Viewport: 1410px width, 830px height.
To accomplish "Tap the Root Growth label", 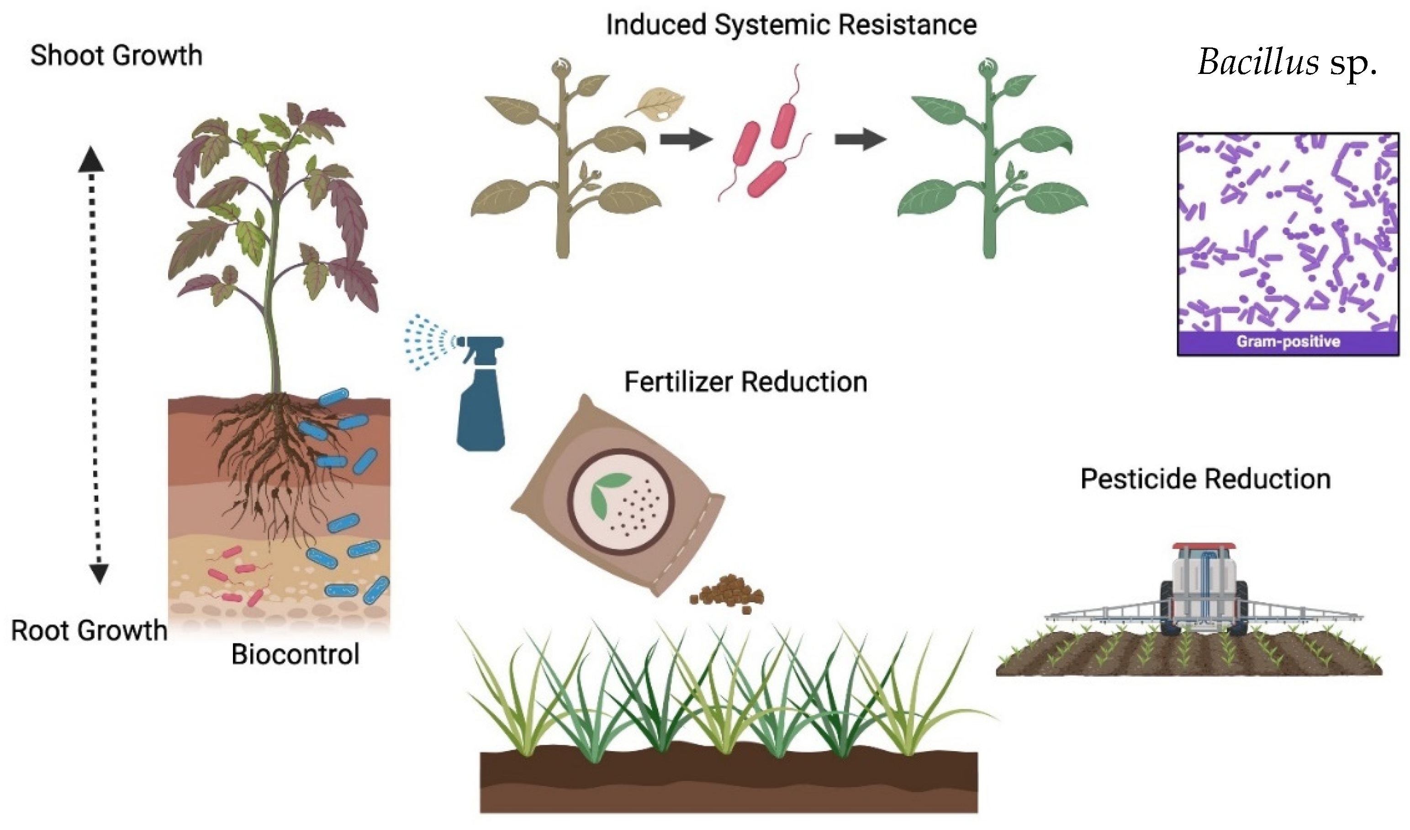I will coord(89,630).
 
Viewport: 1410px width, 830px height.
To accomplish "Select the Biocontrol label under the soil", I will coord(295,654).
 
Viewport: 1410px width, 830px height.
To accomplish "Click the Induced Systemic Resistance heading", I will coord(791,25).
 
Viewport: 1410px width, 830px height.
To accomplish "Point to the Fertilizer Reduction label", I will coord(745,382).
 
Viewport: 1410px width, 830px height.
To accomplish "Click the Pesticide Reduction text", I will coord(1205,479).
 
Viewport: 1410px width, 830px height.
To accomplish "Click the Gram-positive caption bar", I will coord(1288,342).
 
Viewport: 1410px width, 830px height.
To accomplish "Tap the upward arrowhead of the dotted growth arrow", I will coord(91,159).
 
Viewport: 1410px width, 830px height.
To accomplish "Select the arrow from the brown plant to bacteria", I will coord(686,139).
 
